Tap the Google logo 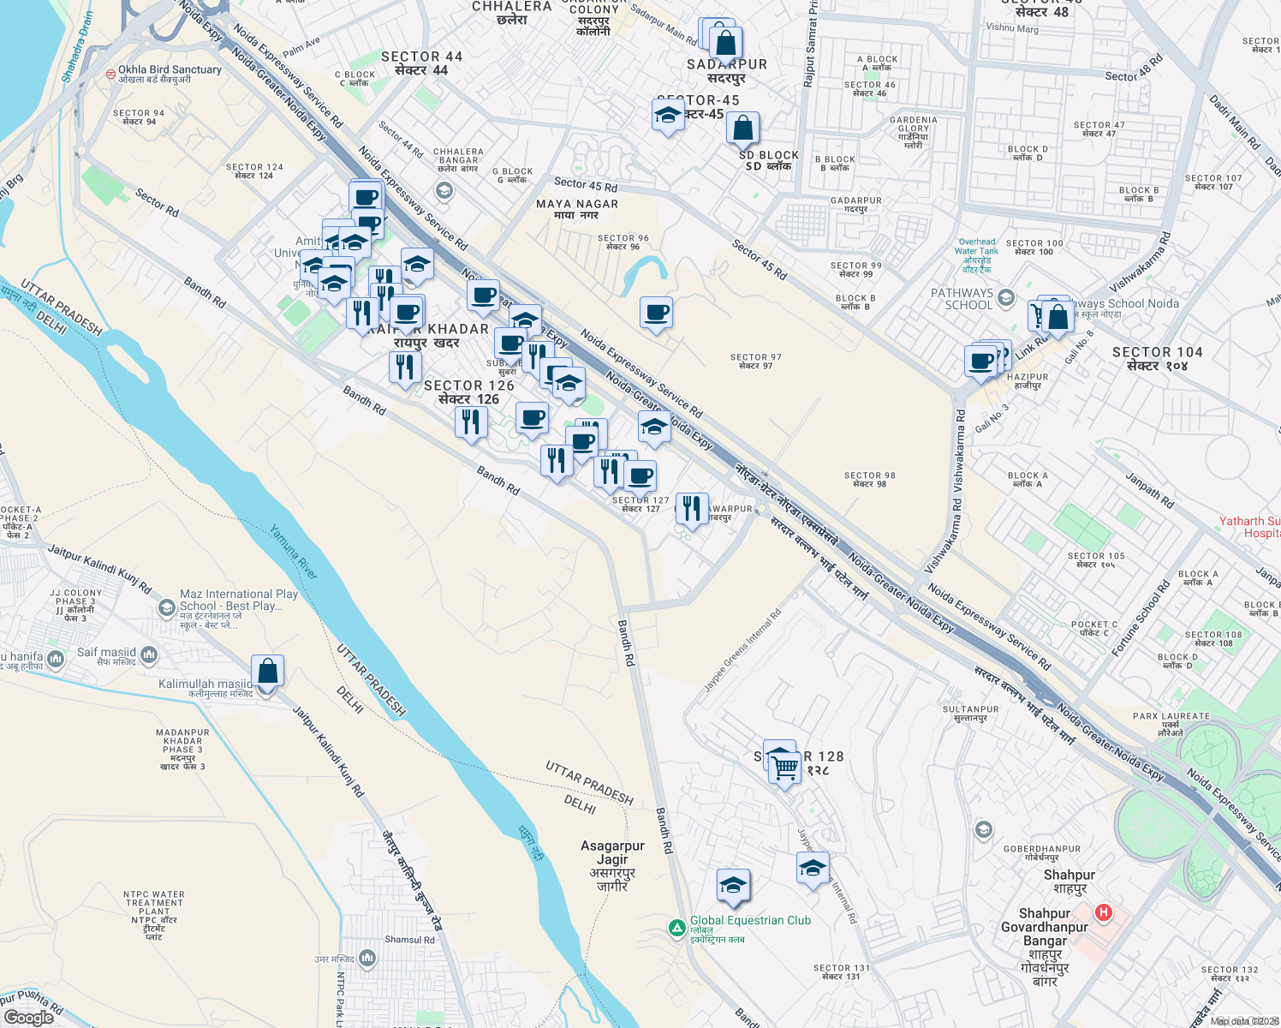[29, 1018]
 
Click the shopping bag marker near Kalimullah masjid [267, 672]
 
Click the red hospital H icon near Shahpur [1104, 913]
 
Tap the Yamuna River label [294, 553]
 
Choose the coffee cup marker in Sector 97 [657, 314]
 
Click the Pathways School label [962, 298]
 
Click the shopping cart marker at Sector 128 [784, 767]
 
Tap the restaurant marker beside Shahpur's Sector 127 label [691, 509]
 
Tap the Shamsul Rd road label [409, 940]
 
